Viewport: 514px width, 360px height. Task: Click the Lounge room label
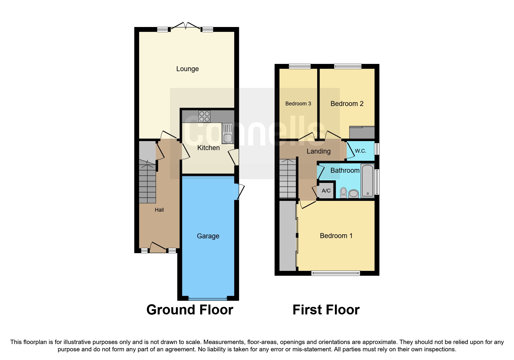[x=187, y=69]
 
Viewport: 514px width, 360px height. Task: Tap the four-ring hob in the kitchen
[x=204, y=116]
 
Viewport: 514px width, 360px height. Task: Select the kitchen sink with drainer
[x=228, y=133]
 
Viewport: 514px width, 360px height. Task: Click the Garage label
[x=208, y=236]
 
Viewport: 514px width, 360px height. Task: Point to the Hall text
[x=159, y=210]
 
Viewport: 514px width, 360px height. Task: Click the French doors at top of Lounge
[x=185, y=26]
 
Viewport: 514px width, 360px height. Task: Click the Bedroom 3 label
[x=298, y=104]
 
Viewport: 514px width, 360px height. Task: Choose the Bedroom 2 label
[x=347, y=104]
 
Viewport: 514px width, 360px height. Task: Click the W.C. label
[x=360, y=151]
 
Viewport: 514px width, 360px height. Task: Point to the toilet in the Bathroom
[x=343, y=192]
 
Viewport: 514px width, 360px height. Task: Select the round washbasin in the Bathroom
[x=354, y=193]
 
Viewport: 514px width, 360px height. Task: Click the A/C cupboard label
[x=326, y=191]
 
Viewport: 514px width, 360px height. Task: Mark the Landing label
[x=318, y=151]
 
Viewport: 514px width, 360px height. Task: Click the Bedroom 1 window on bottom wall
[x=336, y=273]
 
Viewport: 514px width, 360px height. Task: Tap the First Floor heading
[x=326, y=310]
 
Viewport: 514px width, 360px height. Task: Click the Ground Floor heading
[x=190, y=310]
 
